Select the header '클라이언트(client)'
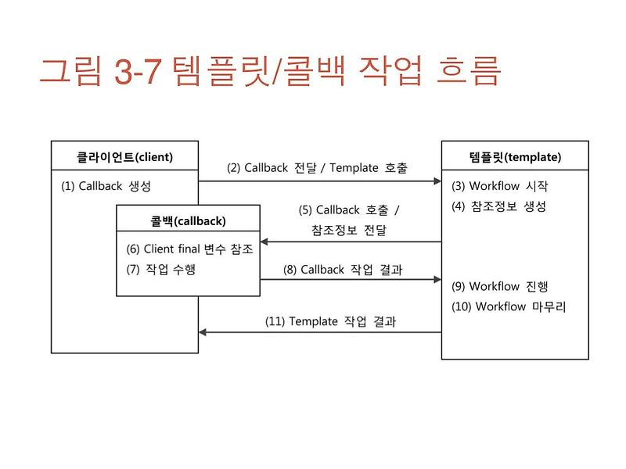(x=124, y=157)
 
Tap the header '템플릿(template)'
(x=514, y=157)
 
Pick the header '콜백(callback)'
(x=188, y=221)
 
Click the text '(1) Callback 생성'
(x=106, y=187)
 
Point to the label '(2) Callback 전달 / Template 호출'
(x=317, y=168)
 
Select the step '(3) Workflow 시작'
(x=499, y=187)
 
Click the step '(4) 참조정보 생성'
(x=498, y=206)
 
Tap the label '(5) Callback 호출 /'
(x=349, y=210)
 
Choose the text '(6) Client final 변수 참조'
(x=189, y=249)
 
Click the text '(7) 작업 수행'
(x=160, y=270)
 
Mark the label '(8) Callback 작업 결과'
(x=348, y=269)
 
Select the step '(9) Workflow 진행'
(x=499, y=286)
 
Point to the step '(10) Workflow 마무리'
(x=509, y=306)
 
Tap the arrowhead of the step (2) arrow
(x=437, y=181)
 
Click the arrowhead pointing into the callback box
(x=265, y=242)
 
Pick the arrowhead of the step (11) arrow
(x=203, y=332)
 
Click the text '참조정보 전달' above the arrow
(x=348, y=230)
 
